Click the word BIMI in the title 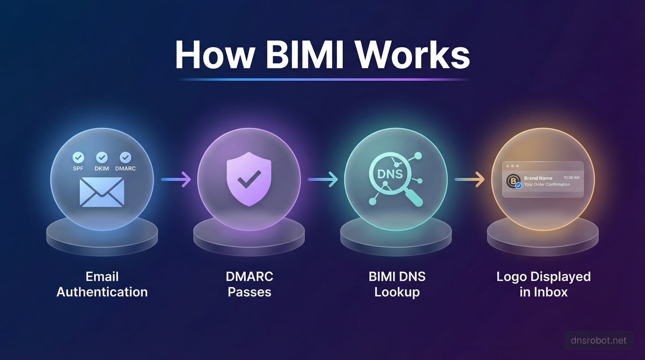coord(304,54)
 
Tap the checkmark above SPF coord(78,157)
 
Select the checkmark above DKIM coord(102,157)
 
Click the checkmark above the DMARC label coord(125,157)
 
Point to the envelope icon coord(102,192)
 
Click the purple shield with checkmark coord(249,179)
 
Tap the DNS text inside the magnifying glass coord(390,174)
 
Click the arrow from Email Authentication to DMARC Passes coord(176,179)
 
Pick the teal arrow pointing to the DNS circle coord(322,179)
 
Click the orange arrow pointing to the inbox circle coord(470,179)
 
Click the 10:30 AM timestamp coord(571,178)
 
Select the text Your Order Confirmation coord(547,185)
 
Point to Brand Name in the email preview coord(538,178)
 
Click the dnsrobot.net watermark coord(598,340)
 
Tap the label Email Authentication coord(102,284)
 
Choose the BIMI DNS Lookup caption coord(397,284)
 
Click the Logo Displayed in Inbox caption coord(543,284)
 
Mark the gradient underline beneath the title coord(322,80)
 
